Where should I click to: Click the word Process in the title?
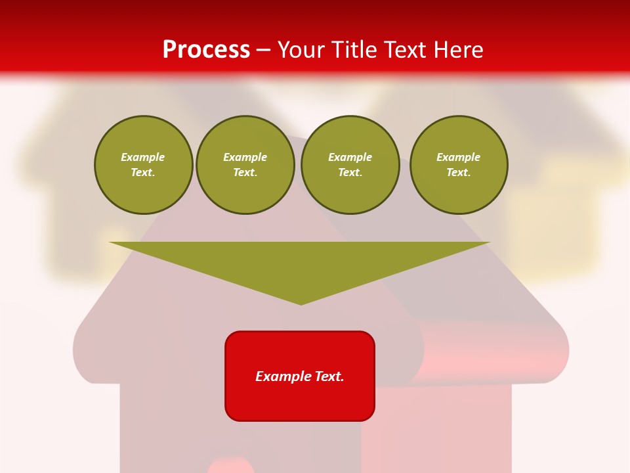tap(206, 50)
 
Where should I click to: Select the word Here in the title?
tap(458, 50)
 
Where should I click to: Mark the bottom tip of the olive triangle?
tap(301, 304)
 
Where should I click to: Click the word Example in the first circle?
tap(143, 157)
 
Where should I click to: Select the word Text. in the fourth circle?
tap(459, 172)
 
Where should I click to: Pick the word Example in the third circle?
tap(350, 157)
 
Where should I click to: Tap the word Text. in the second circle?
tap(245, 172)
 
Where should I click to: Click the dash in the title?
tap(263, 51)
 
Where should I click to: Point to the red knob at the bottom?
tap(231, 467)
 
